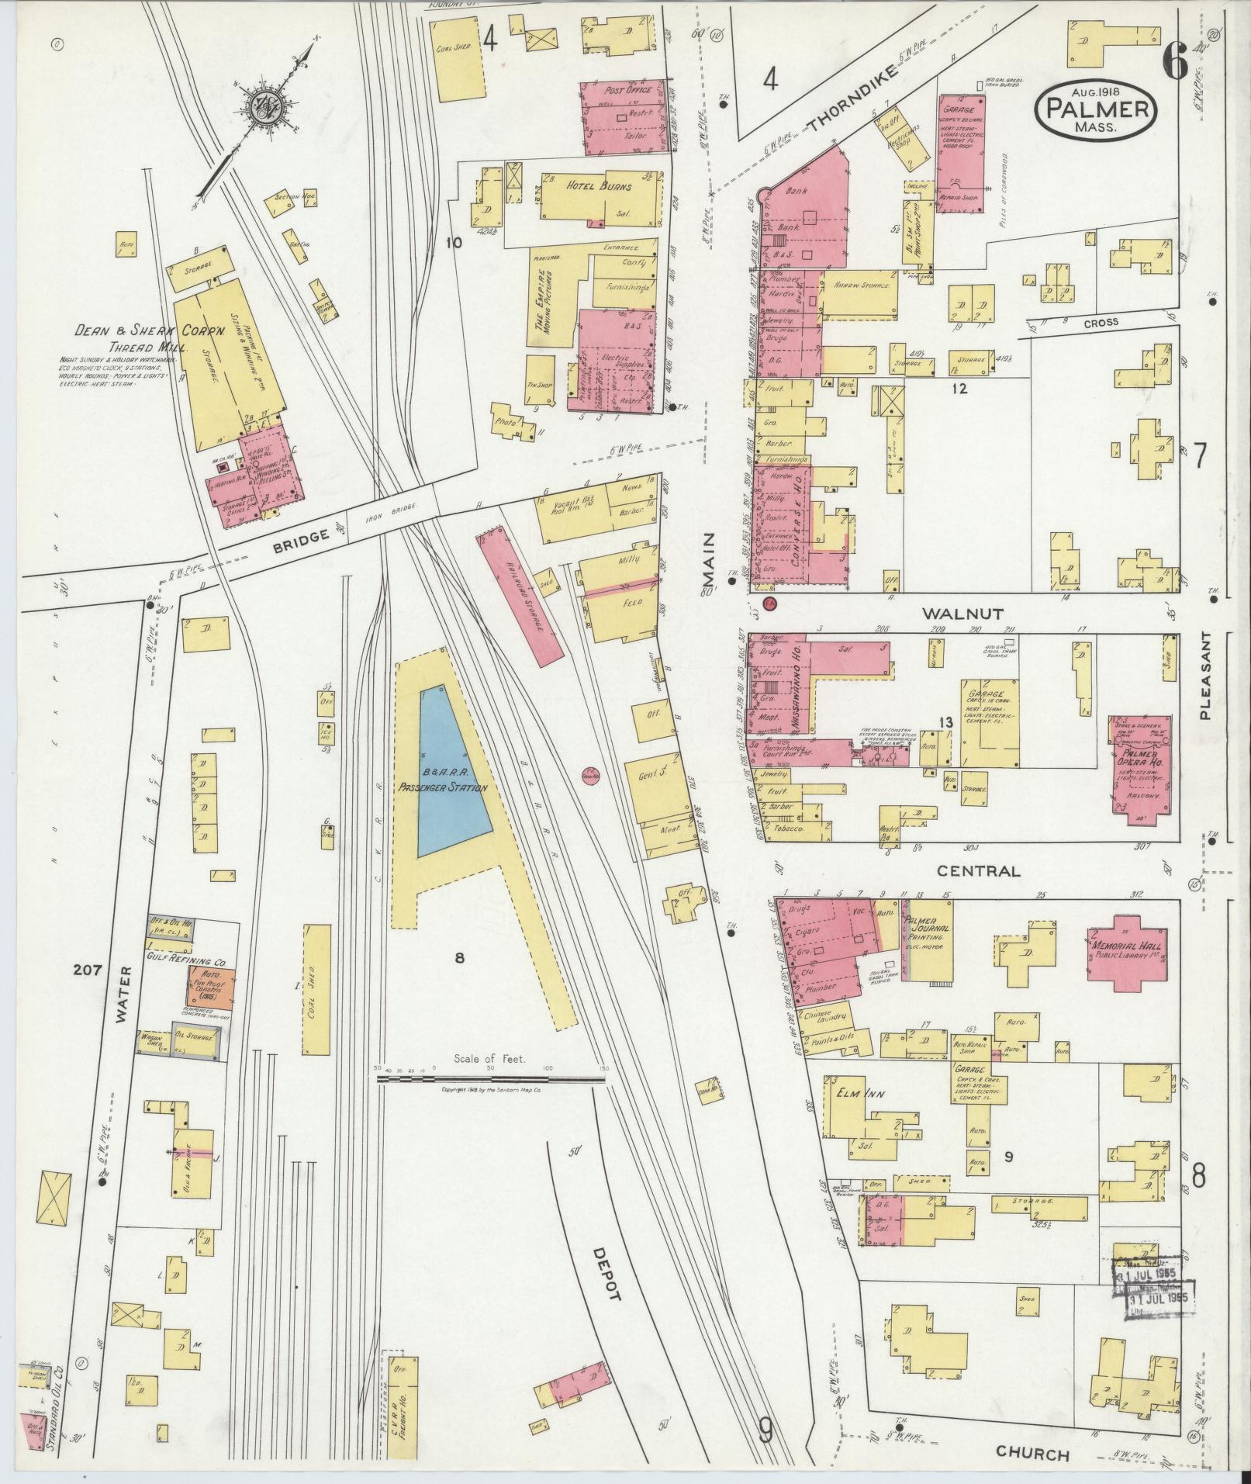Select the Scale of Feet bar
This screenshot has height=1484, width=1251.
490,1078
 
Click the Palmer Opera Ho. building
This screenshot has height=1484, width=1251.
1140,761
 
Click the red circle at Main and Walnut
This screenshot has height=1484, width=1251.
770,604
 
